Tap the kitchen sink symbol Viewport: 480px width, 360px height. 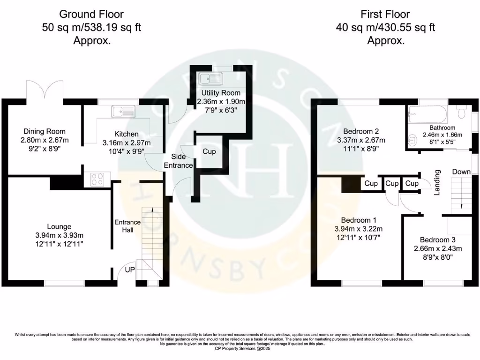123,112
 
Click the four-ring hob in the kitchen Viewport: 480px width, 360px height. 97,179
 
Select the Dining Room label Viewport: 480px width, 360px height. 45,131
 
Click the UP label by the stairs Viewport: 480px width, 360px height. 130,270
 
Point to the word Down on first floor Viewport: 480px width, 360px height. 461,172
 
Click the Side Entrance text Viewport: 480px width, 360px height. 181,161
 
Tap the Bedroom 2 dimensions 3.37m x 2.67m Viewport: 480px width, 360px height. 361,140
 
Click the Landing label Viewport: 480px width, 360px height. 437,183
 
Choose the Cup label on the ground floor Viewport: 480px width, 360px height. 209,152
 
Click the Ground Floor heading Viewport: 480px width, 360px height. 91,14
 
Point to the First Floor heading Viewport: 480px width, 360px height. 385,14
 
